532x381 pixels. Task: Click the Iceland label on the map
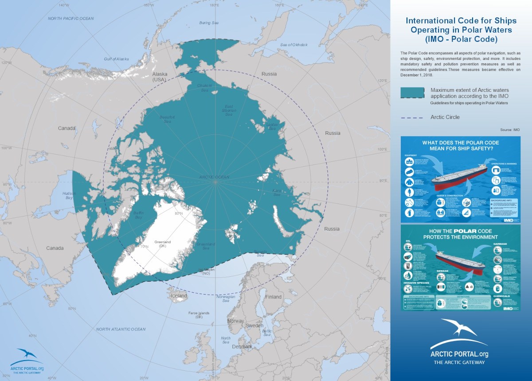coord(180,296)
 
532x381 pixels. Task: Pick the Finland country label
coord(273,297)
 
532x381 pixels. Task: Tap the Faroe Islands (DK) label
coord(196,315)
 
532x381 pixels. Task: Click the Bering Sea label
coord(209,23)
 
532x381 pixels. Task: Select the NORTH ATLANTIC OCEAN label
coord(121,329)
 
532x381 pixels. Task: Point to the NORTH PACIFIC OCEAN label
coord(71,18)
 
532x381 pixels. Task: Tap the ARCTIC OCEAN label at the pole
coord(214,177)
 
